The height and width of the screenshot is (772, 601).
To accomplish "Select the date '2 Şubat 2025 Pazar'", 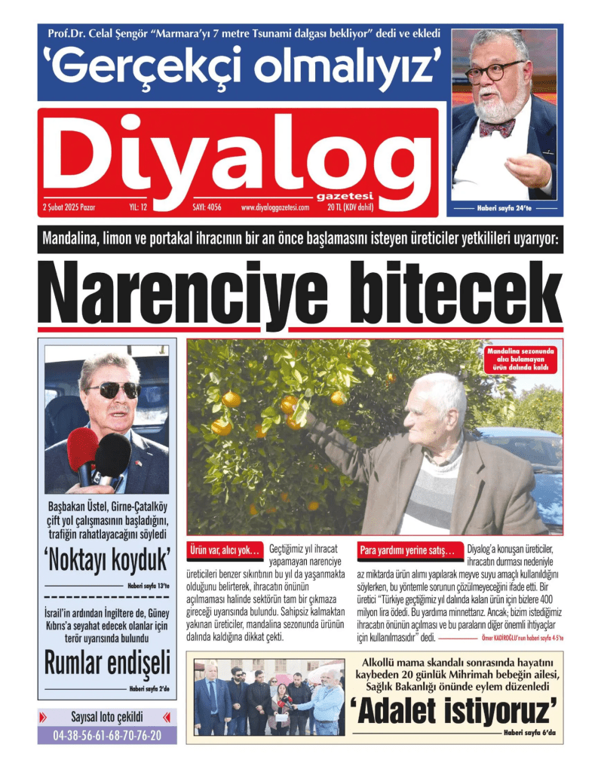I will pos(74,207).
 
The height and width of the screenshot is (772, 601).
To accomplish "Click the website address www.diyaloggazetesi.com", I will pos(275,207).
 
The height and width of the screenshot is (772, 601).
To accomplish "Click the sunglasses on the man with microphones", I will pos(113,390).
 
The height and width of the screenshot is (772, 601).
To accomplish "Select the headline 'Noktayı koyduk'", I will pos(107,561).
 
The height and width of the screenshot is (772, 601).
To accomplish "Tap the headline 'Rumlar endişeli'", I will pos(107,663).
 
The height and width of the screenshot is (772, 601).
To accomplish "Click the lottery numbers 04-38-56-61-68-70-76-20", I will pos(107,735).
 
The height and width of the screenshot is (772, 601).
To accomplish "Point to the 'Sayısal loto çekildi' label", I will pos(107,717).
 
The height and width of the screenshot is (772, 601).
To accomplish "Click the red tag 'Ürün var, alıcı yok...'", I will pos(224,550).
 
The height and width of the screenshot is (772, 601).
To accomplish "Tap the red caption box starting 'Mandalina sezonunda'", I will pos(520,360).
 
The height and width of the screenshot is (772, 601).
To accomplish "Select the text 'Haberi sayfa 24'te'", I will pos(504,207).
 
